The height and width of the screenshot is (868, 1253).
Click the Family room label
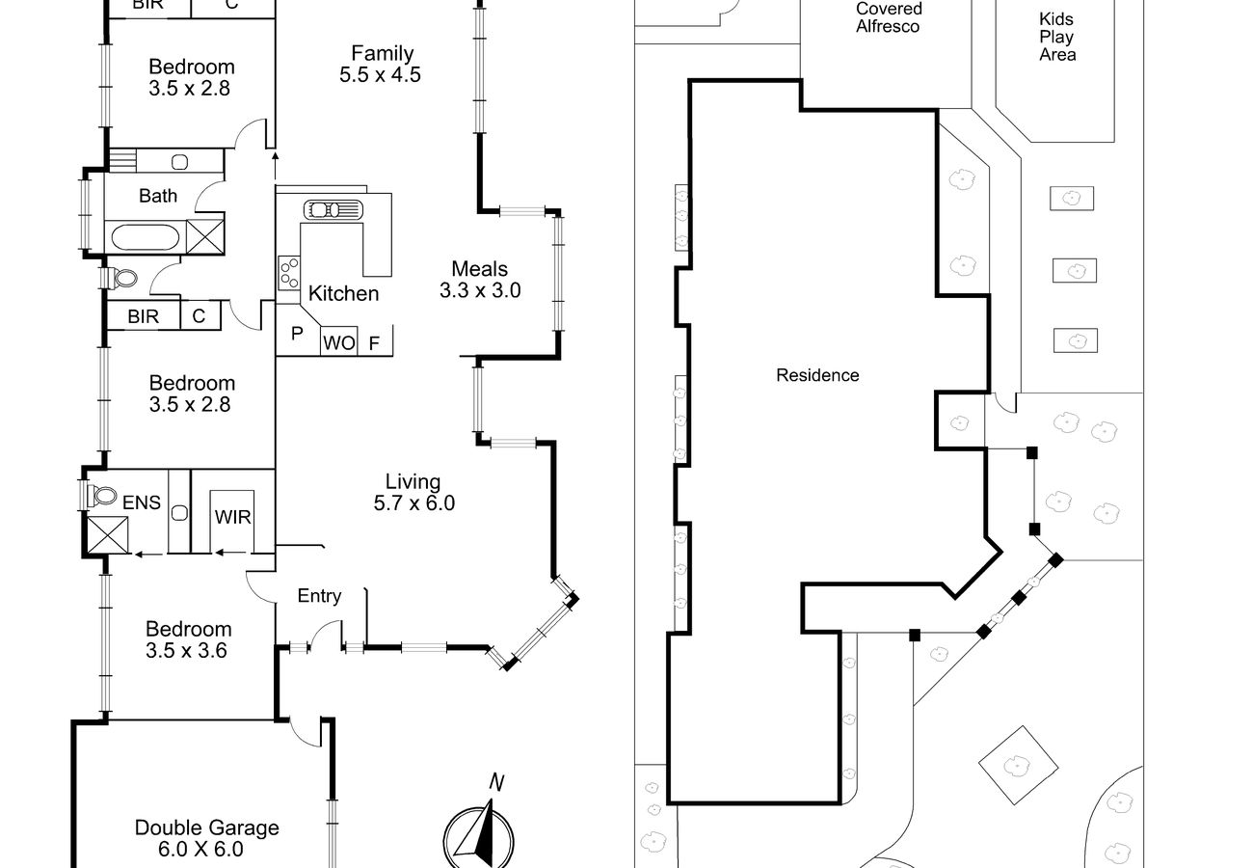(381, 64)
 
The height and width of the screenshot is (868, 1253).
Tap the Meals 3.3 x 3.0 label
(480, 280)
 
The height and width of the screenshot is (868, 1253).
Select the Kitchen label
(343, 294)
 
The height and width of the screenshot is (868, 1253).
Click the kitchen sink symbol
(333, 209)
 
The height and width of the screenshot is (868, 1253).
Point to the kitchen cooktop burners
(288, 270)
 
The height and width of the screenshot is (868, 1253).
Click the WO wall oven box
(338, 342)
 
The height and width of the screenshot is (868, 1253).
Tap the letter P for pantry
(297, 334)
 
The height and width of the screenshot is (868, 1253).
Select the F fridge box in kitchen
(375, 342)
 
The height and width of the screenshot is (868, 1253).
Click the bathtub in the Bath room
(145, 237)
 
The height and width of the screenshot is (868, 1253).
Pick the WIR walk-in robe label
(232, 518)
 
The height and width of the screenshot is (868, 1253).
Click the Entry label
(319, 596)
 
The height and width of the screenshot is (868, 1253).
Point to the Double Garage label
(206, 838)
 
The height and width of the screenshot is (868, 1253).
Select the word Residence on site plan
(817, 375)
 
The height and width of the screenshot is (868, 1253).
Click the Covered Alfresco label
(888, 17)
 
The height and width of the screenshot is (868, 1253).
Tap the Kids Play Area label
(1056, 37)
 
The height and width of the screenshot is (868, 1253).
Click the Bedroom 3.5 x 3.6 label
(189, 639)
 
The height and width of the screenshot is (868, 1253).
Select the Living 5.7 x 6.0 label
(413, 492)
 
